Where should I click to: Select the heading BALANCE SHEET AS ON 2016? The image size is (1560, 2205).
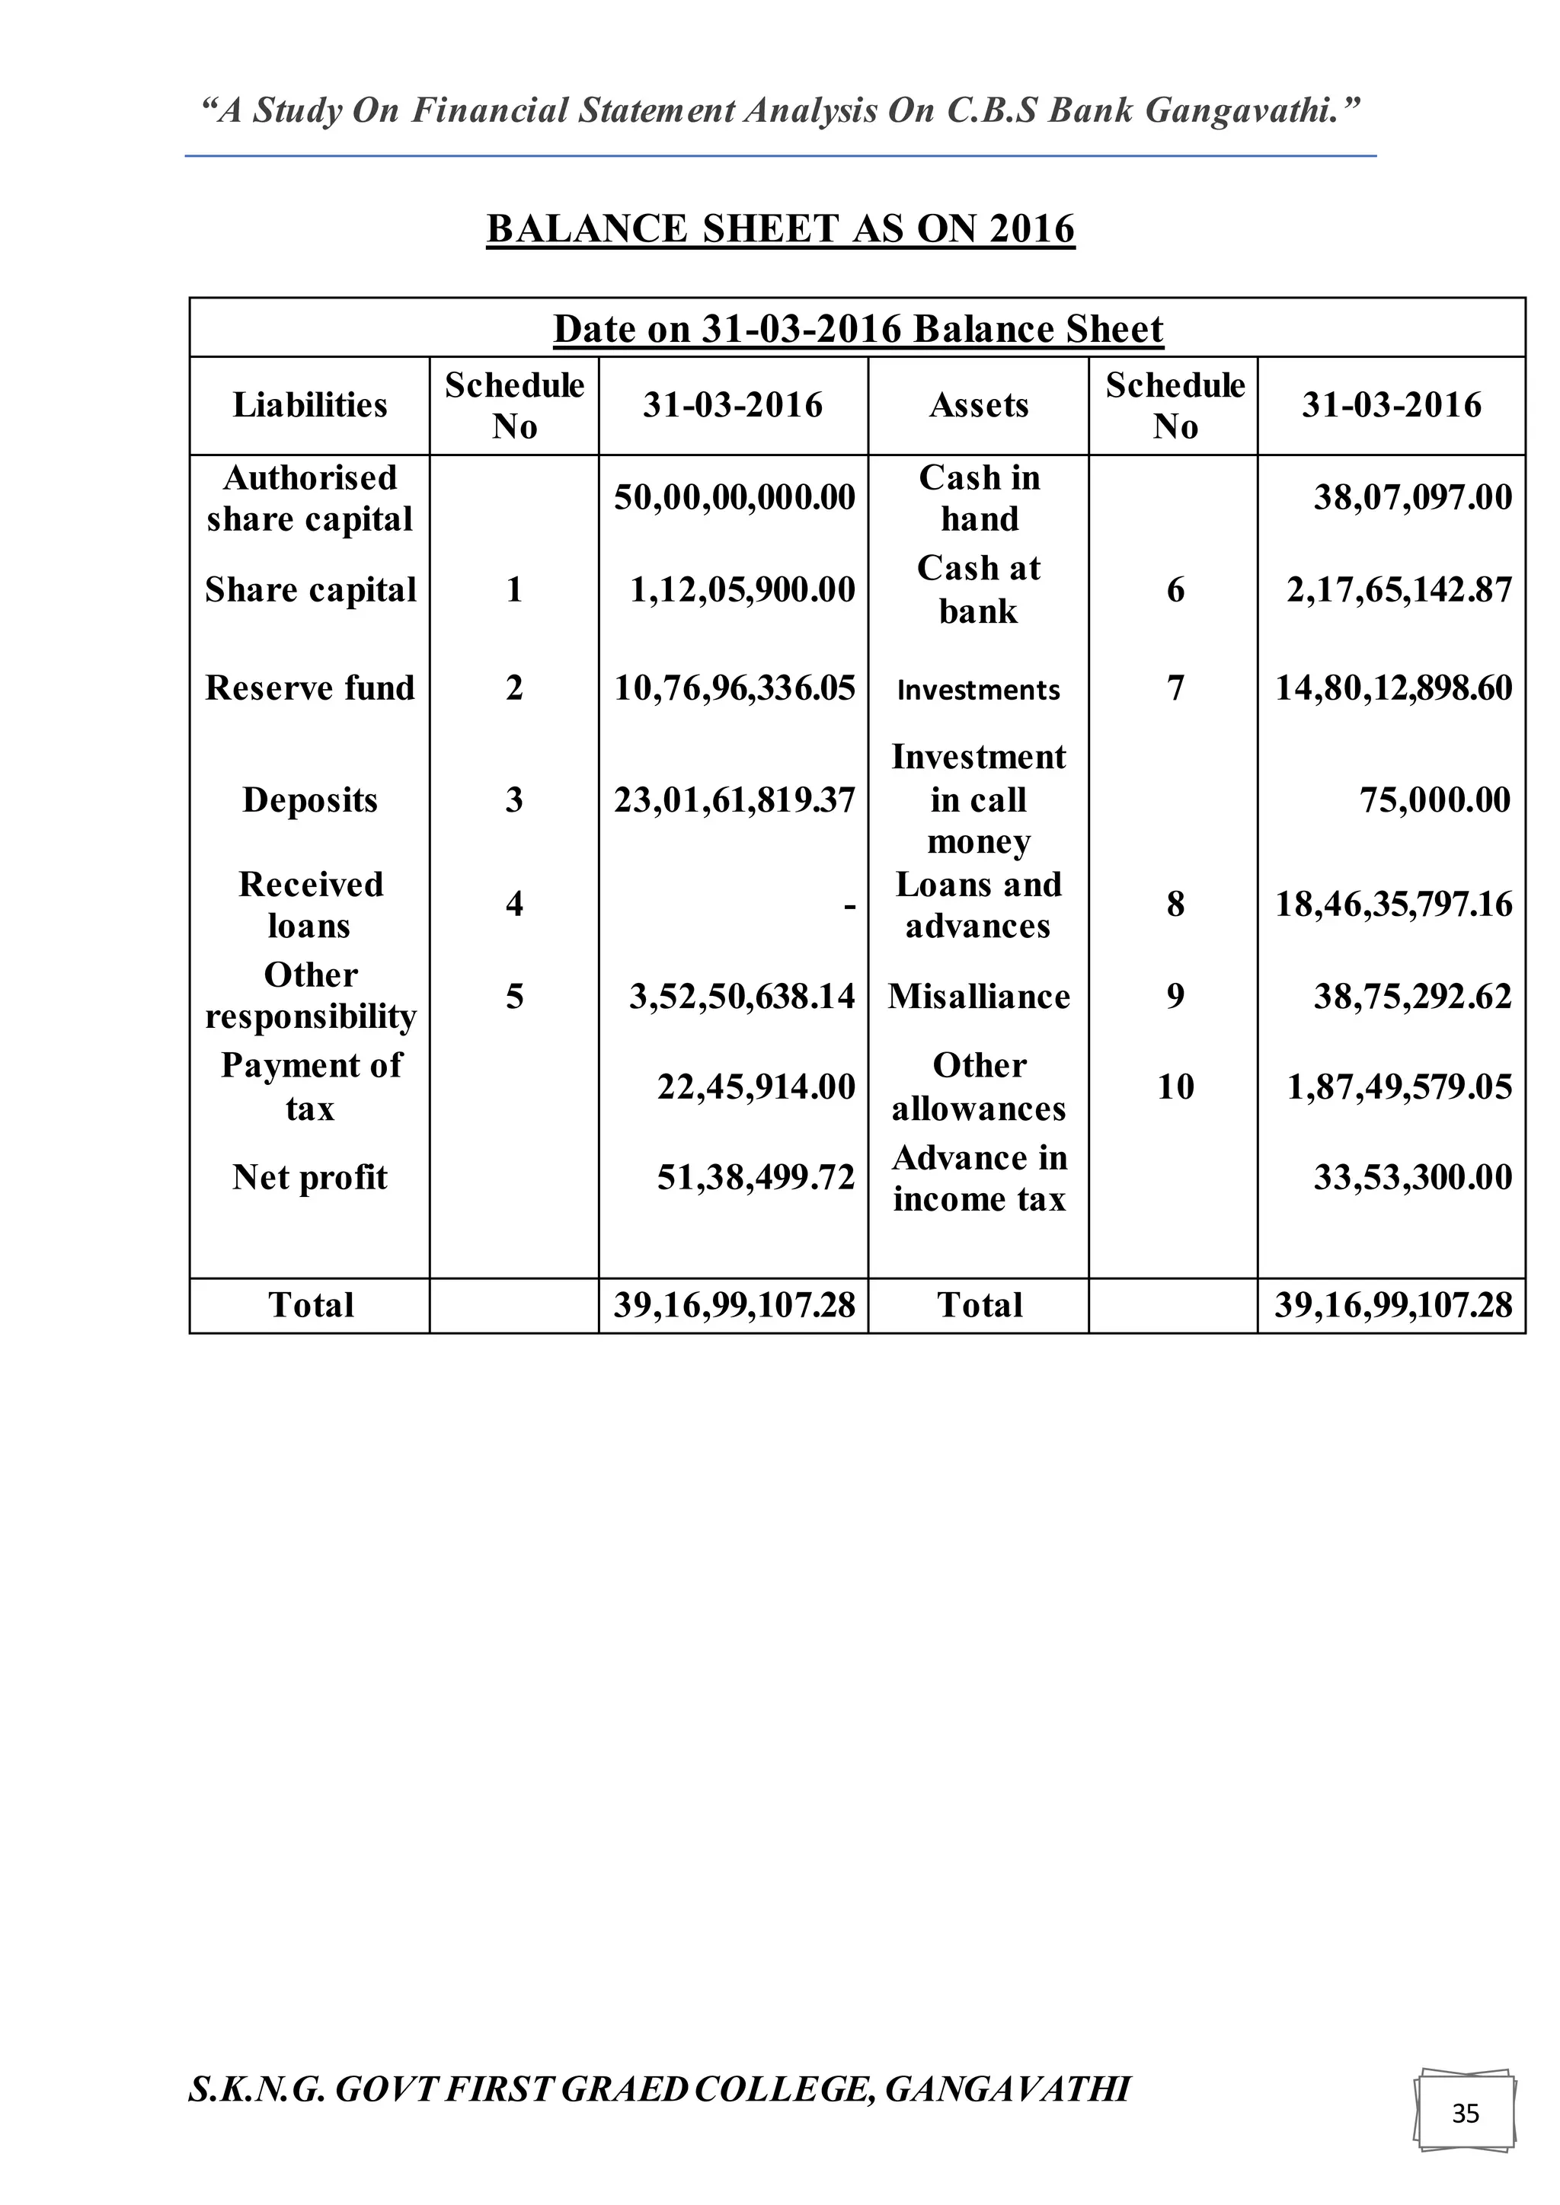[x=780, y=228]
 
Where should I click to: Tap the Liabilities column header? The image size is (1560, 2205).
[x=309, y=405]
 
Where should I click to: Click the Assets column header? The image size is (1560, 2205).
[x=978, y=405]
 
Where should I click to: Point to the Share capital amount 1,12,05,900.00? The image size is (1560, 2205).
[x=742, y=589]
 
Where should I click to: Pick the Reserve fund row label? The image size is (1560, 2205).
[x=309, y=688]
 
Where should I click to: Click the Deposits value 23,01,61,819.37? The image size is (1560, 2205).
[x=734, y=800]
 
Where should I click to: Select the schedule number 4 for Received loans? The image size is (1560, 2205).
[x=514, y=904]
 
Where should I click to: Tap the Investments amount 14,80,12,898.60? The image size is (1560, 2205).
[x=1393, y=688]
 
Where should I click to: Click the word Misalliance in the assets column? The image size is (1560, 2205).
[x=978, y=997]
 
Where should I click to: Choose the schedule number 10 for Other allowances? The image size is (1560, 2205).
[x=1175, y=1087]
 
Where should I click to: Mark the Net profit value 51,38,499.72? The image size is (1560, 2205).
[x=755, y=1177]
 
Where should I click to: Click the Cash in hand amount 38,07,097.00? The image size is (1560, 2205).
[x=1412, y=497]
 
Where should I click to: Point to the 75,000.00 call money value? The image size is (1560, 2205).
[x=1435, y=800]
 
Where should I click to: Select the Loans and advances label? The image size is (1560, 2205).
[x=978, y=905]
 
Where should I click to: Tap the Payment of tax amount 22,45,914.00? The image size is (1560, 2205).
[x=755, y=1087]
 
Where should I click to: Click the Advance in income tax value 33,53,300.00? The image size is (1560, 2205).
[x=1412, y=1177]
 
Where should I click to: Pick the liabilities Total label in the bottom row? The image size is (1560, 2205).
[x=310, y=1305]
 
